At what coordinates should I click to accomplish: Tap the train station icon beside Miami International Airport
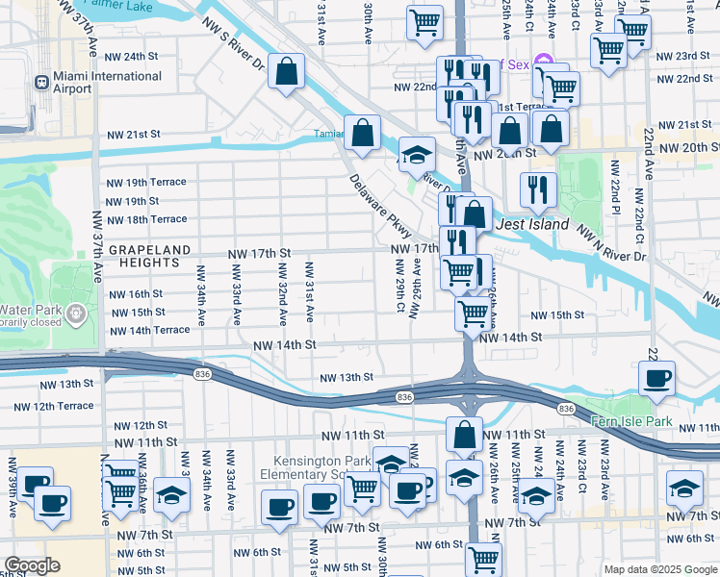(x=41, y=83)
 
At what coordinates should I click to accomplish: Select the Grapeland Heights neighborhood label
(x=149, y=256)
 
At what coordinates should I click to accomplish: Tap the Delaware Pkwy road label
(x=380, y=206)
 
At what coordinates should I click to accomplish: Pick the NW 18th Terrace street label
(x=147, y=220)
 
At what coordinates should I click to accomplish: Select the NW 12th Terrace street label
(x=81, y=406)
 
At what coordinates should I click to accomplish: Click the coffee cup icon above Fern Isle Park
(x=656, y=378)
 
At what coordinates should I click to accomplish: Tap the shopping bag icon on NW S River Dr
(x=287, y=71)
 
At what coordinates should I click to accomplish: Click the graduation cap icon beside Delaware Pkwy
(x=417, y=155)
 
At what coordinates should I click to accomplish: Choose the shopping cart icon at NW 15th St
(x=472, y=312)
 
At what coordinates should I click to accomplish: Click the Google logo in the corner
(x=32, y=565)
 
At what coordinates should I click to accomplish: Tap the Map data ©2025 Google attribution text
(x=660, y=569)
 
